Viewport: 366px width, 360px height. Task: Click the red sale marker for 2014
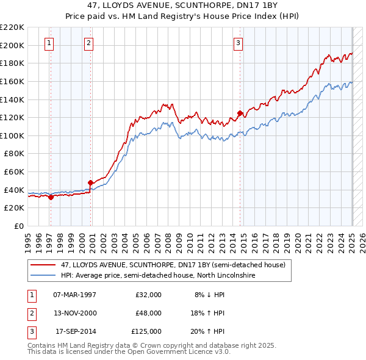(x=240, y=113)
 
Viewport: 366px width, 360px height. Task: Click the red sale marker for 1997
(x=51, y=196)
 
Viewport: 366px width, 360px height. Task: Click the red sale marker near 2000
(x=90, y=182)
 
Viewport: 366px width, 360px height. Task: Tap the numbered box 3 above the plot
(x=238, y=43)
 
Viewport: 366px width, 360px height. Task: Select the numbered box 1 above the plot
(x=48, y=43)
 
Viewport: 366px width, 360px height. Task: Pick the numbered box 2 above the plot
(x=88, y=43)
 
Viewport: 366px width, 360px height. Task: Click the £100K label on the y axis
(x=12, y=135)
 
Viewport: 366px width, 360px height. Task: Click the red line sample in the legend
(x=43, y=265)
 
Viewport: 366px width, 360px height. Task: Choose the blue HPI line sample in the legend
(x=43, y=275)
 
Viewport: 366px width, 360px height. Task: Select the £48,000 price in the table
(x=148, y=313)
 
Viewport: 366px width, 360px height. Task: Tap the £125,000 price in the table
(x=146, y=332)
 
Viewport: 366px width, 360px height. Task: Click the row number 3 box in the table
(x=30, y=332)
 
